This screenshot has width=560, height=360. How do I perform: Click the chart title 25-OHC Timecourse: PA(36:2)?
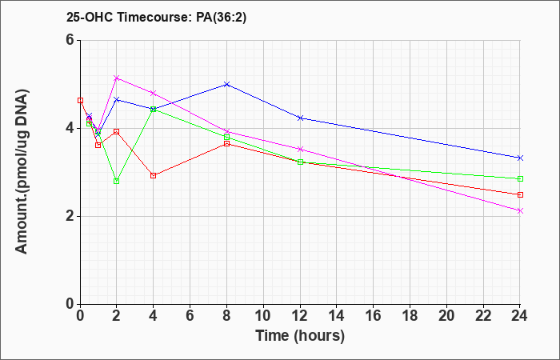point(157,18)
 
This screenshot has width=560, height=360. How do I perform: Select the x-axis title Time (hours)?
point(300,336)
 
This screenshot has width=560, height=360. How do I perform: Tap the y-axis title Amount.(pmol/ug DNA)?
point(22,172)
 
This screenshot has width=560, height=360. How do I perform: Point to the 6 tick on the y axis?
point(70,40)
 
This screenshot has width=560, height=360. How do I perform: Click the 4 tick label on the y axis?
point(70,128)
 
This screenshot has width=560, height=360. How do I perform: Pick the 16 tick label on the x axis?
point(374,316)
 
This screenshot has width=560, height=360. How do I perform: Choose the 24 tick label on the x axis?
point(520,316)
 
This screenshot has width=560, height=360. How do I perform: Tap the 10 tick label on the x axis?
point(263,316)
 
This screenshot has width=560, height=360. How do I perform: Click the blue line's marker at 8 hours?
point(226,84)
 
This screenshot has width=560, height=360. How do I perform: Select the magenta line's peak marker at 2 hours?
point(117,78)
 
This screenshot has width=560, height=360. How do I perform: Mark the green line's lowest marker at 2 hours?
point(117,181)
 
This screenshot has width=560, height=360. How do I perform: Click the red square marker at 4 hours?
point(154,175)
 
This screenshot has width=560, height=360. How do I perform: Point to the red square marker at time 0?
point(80,100)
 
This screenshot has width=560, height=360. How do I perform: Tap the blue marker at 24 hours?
point(520,158)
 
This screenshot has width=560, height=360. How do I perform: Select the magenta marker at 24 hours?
point(520,210)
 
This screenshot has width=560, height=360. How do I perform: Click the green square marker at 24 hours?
point(520,178)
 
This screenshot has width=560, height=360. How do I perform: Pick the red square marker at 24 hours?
point(520,194)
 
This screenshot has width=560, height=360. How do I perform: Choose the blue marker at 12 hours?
point(300,118)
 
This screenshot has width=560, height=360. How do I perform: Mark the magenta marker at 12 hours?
point(300,149)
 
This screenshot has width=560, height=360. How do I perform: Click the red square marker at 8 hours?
point(226,143)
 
